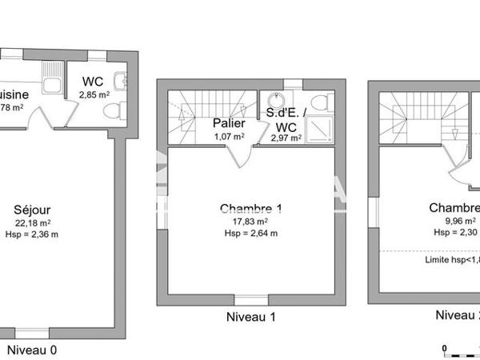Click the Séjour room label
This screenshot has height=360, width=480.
(x=33, y=211)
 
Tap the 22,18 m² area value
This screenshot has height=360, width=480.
(x=33, y=223)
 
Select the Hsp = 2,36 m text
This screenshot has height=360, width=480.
(x=36, y=234)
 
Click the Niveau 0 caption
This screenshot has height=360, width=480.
(x=32, y=350)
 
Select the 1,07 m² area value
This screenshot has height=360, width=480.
(x=227, y=136)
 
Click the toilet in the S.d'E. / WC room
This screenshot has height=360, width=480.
(x=319, y=103)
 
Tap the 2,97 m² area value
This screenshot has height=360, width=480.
(x=286, y=138)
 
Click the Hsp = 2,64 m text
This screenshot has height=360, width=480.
(x=251, y=234)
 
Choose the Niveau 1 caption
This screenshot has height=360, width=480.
(x=251, y=317)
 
